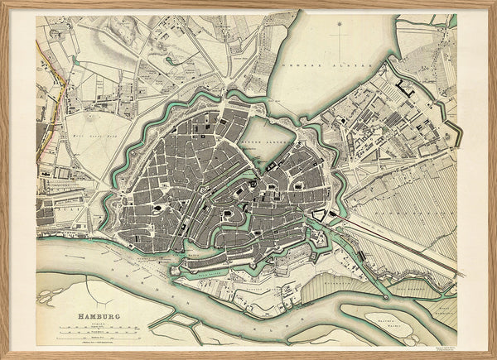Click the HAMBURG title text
pyautogui.click(x=98, y=315)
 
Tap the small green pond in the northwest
pyautogui.click(x=173, y=60)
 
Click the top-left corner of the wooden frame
pyautogui.click(x=3, y=3)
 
